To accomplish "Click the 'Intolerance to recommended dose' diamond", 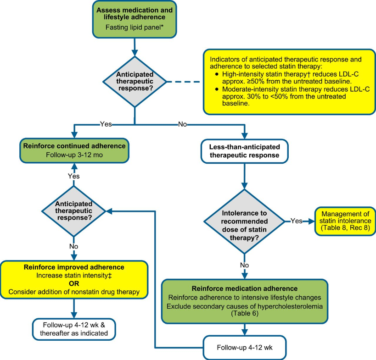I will pos(243,222).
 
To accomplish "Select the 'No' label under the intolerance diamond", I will pos(243,265).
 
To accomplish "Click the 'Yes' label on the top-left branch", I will pos(106,124).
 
